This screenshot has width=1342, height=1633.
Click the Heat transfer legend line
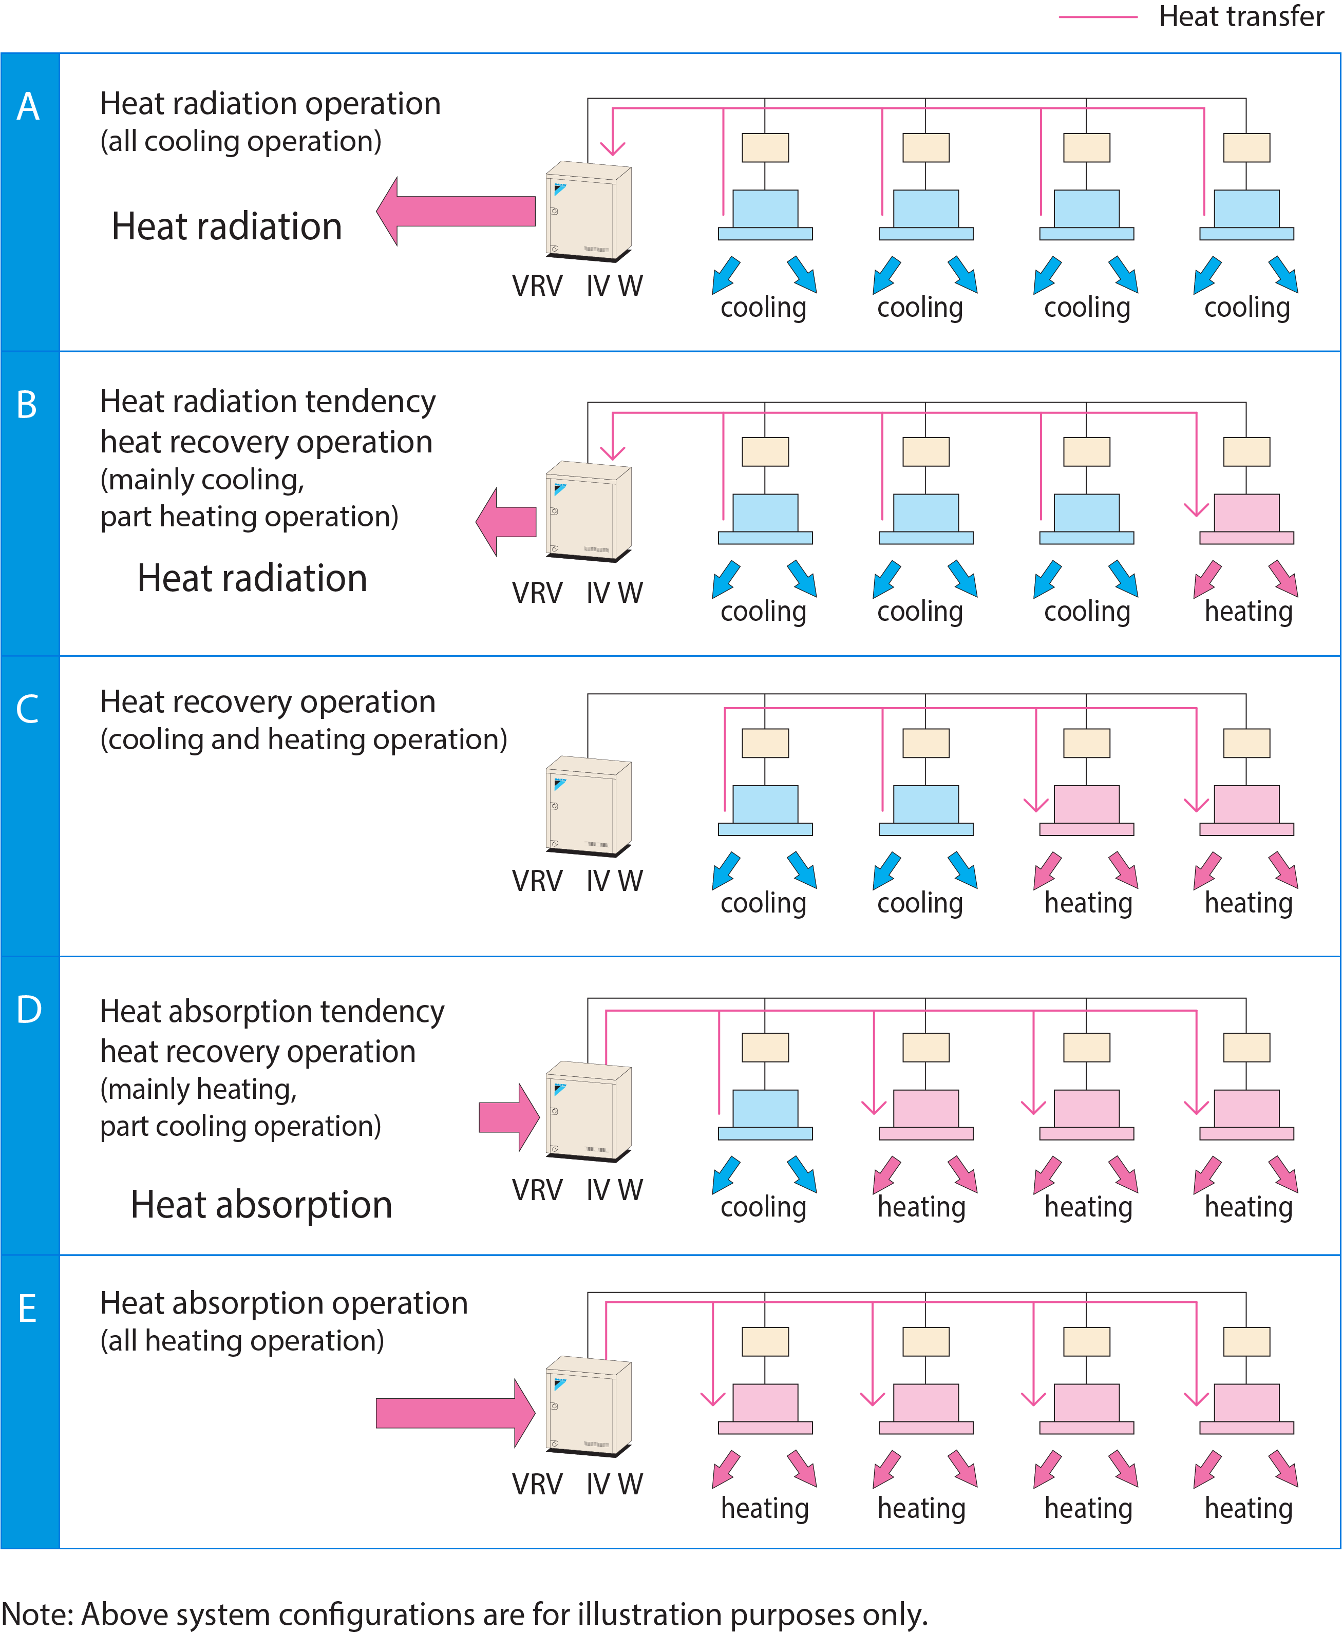click(x=1097, y=17)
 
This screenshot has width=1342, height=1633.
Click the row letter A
click(x=29, y=107)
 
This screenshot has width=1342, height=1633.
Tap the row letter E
click(x=28, y=1309)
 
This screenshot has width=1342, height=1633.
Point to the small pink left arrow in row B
click(x=506, y=522)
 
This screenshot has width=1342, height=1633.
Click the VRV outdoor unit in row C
click(x=588, y=805)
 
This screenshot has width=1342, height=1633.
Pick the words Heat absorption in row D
click(x=261, y=1205)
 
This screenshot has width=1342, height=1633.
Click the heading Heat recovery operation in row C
click(x=268, y=702)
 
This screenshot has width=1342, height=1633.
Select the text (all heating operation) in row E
click(x=242, y=1341)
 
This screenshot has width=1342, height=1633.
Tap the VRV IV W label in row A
click(x=577, y=286)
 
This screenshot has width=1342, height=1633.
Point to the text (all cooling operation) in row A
click(x=240, y=141)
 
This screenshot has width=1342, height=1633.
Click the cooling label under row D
click(x=763, y=1207)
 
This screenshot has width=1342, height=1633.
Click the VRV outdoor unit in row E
click(x=588, y=1406)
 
